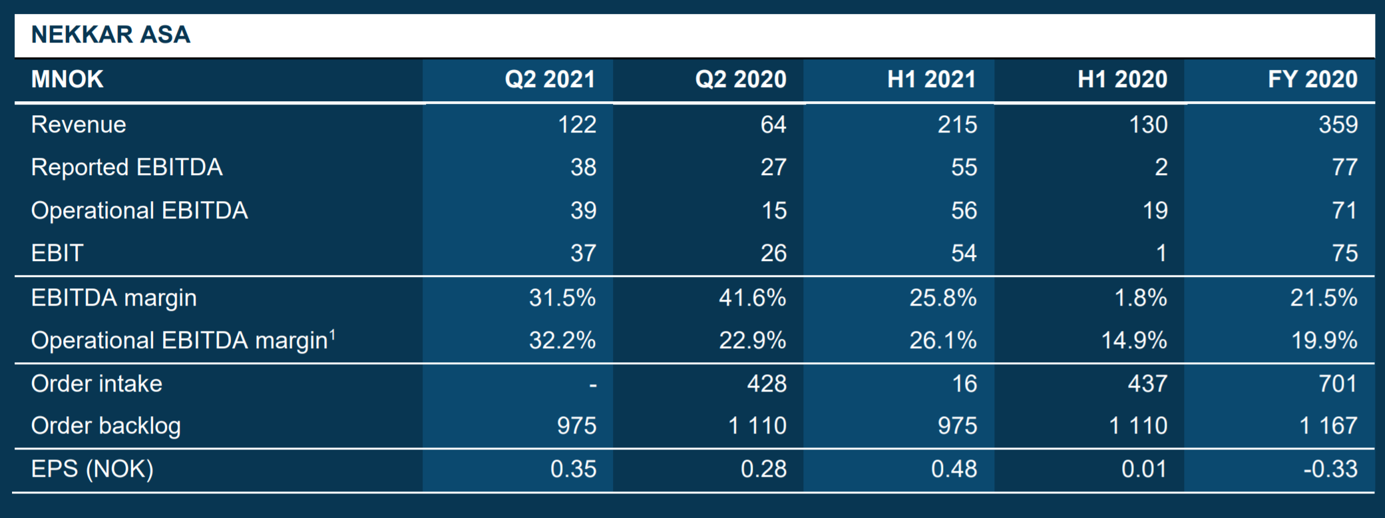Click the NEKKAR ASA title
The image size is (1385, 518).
click(x=110, y=35)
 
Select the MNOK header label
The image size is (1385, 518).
click(x=67, y=80)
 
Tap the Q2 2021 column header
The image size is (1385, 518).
click(x=550, y=80)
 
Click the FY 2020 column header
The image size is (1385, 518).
click(x=1312, y=80)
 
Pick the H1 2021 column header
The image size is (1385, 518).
click(x=931, y=80)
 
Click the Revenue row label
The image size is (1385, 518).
click(x=79, y=125)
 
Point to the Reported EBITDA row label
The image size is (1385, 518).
click(x=126, y=167)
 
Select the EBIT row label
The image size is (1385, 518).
click(x=57, y=253)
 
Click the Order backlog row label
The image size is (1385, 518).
click(x=106, y=425)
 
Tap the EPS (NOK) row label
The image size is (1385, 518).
click(x=92, y=469)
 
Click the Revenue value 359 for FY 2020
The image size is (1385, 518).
click(x=1338, y=125)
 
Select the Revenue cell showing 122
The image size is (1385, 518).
click(x=576, y=125)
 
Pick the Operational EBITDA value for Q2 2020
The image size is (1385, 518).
click(x=773, y=210)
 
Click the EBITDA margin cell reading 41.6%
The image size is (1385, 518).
click(x=752, y=298)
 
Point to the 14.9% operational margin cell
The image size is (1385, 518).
click(x=1133, y=340)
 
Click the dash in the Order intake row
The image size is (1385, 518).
click(x=592, y=385)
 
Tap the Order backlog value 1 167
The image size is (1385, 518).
click(x=1328, y=425)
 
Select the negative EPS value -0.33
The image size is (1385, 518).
click(x=1330, y=469)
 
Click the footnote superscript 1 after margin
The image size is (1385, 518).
click(x=332, y=334)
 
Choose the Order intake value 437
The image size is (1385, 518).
click(x=1147, y=384)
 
